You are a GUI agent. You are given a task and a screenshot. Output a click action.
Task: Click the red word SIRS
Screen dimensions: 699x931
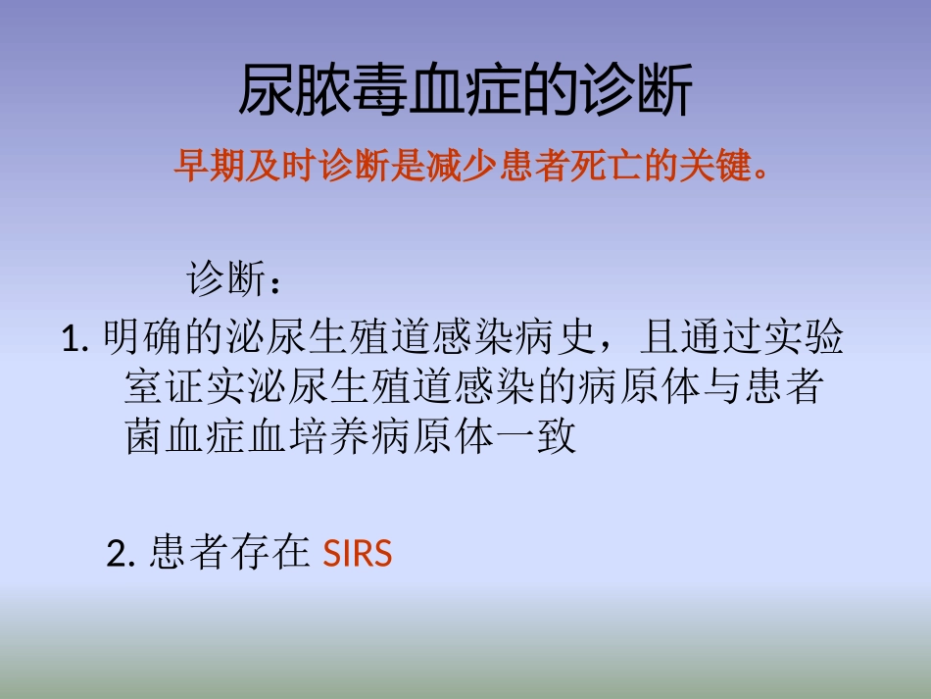coord(358,555)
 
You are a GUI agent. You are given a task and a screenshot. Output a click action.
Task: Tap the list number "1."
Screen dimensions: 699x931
coord(75,340)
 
